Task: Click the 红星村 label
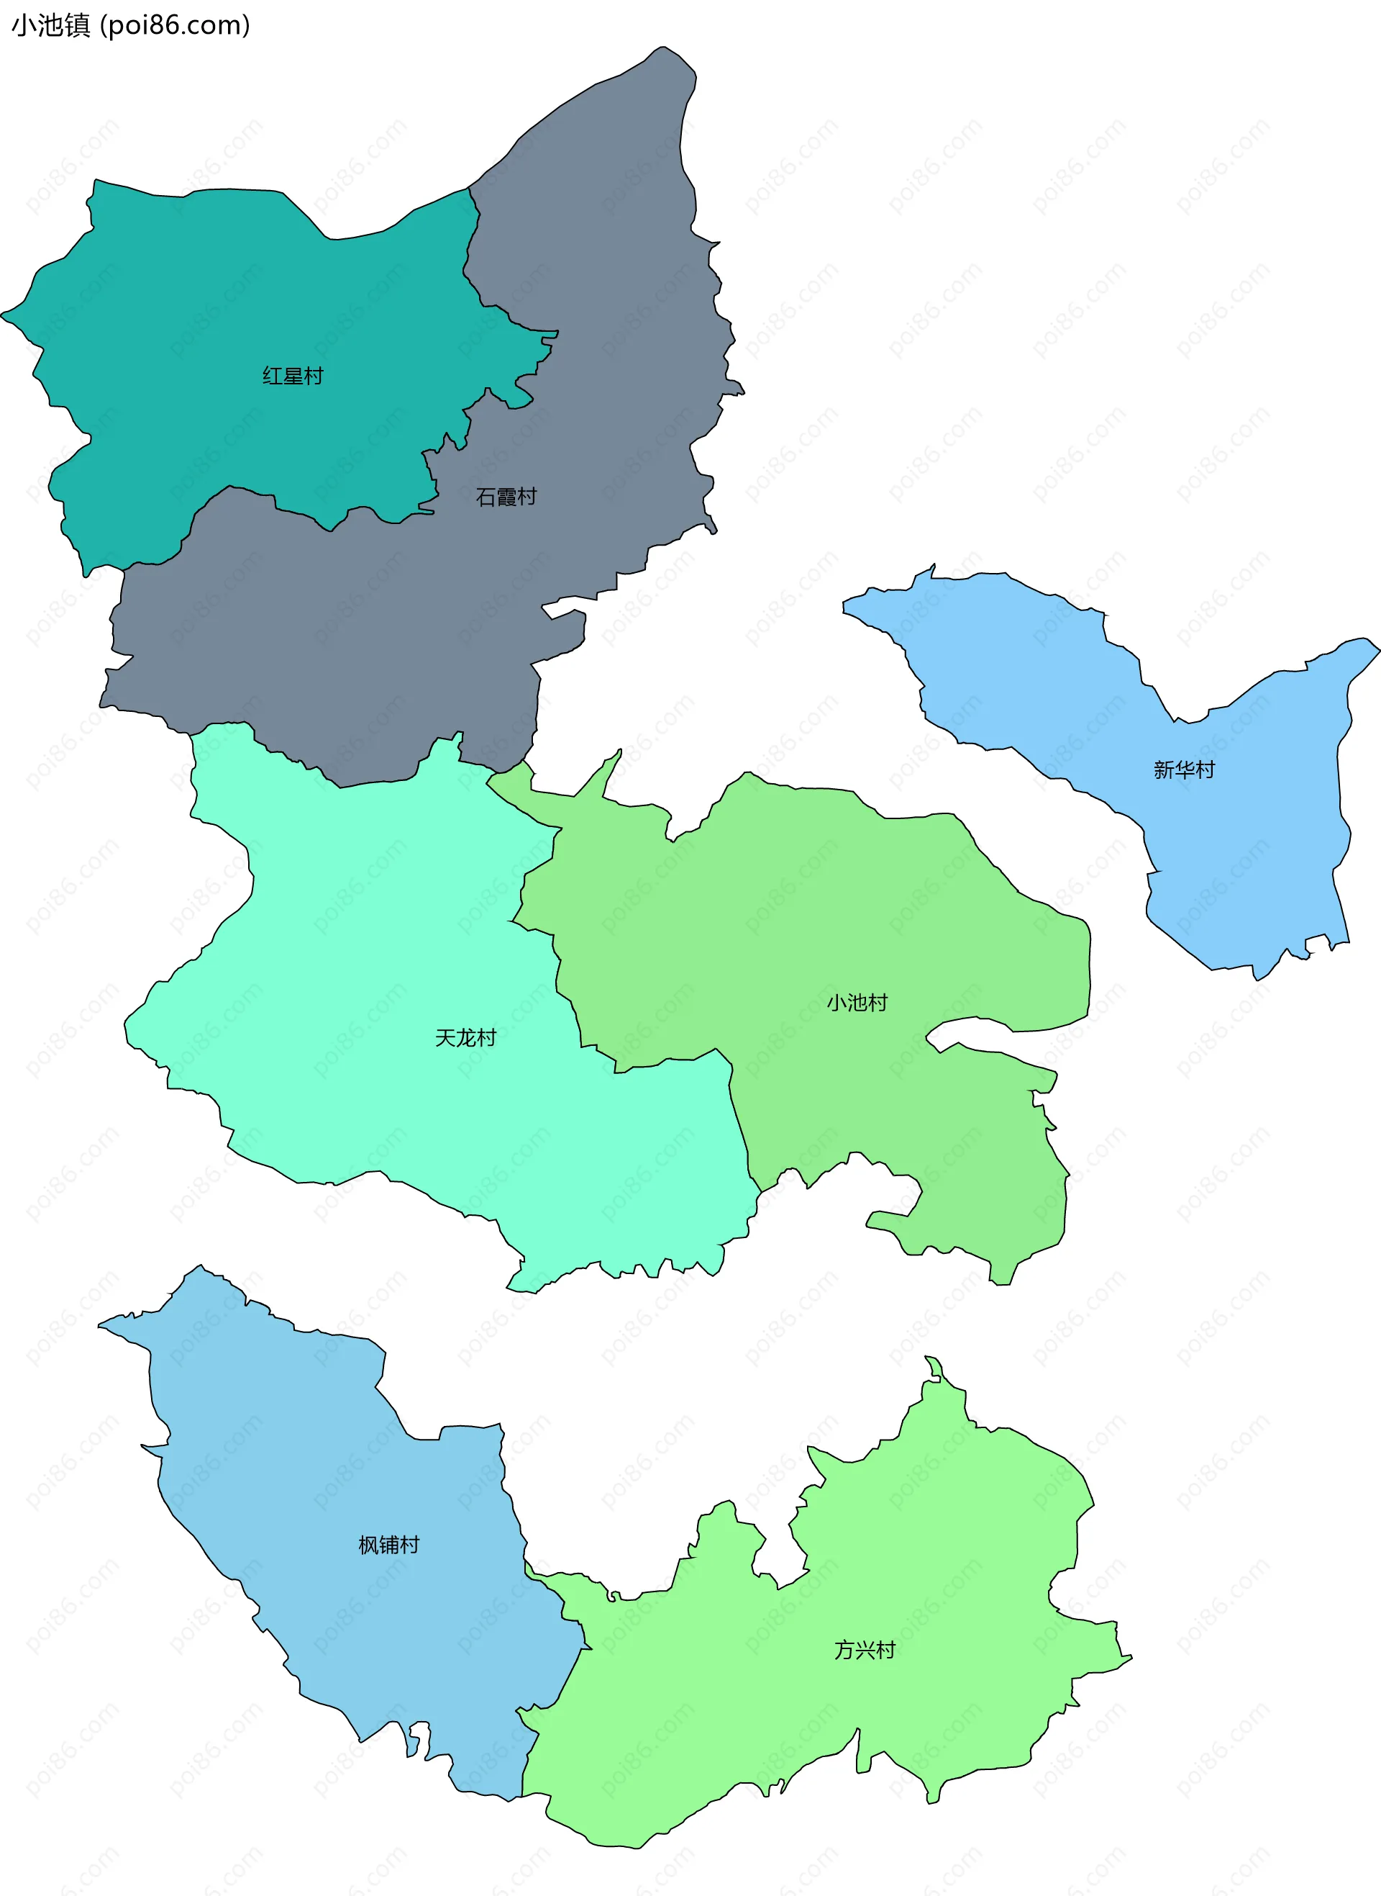point(293,376)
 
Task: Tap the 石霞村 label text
point(506,497)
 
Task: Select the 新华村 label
point(1184,769)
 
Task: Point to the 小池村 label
point(857,1002)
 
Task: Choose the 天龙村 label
point(465,1038)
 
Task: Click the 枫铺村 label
point(388,1545)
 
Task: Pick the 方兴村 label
point(865,1650)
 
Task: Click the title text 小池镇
point(50,26)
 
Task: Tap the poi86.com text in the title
point(175,26)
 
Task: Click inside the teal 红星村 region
point(209,318)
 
